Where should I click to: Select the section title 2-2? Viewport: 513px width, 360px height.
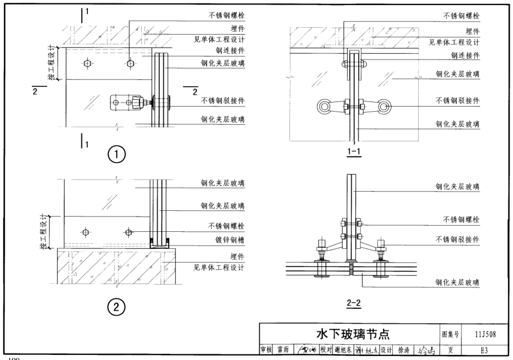pos(355,303)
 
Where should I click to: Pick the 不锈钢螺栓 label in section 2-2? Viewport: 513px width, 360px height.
pos(461,218)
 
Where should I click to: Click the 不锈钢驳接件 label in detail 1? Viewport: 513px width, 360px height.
pos(221,101)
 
